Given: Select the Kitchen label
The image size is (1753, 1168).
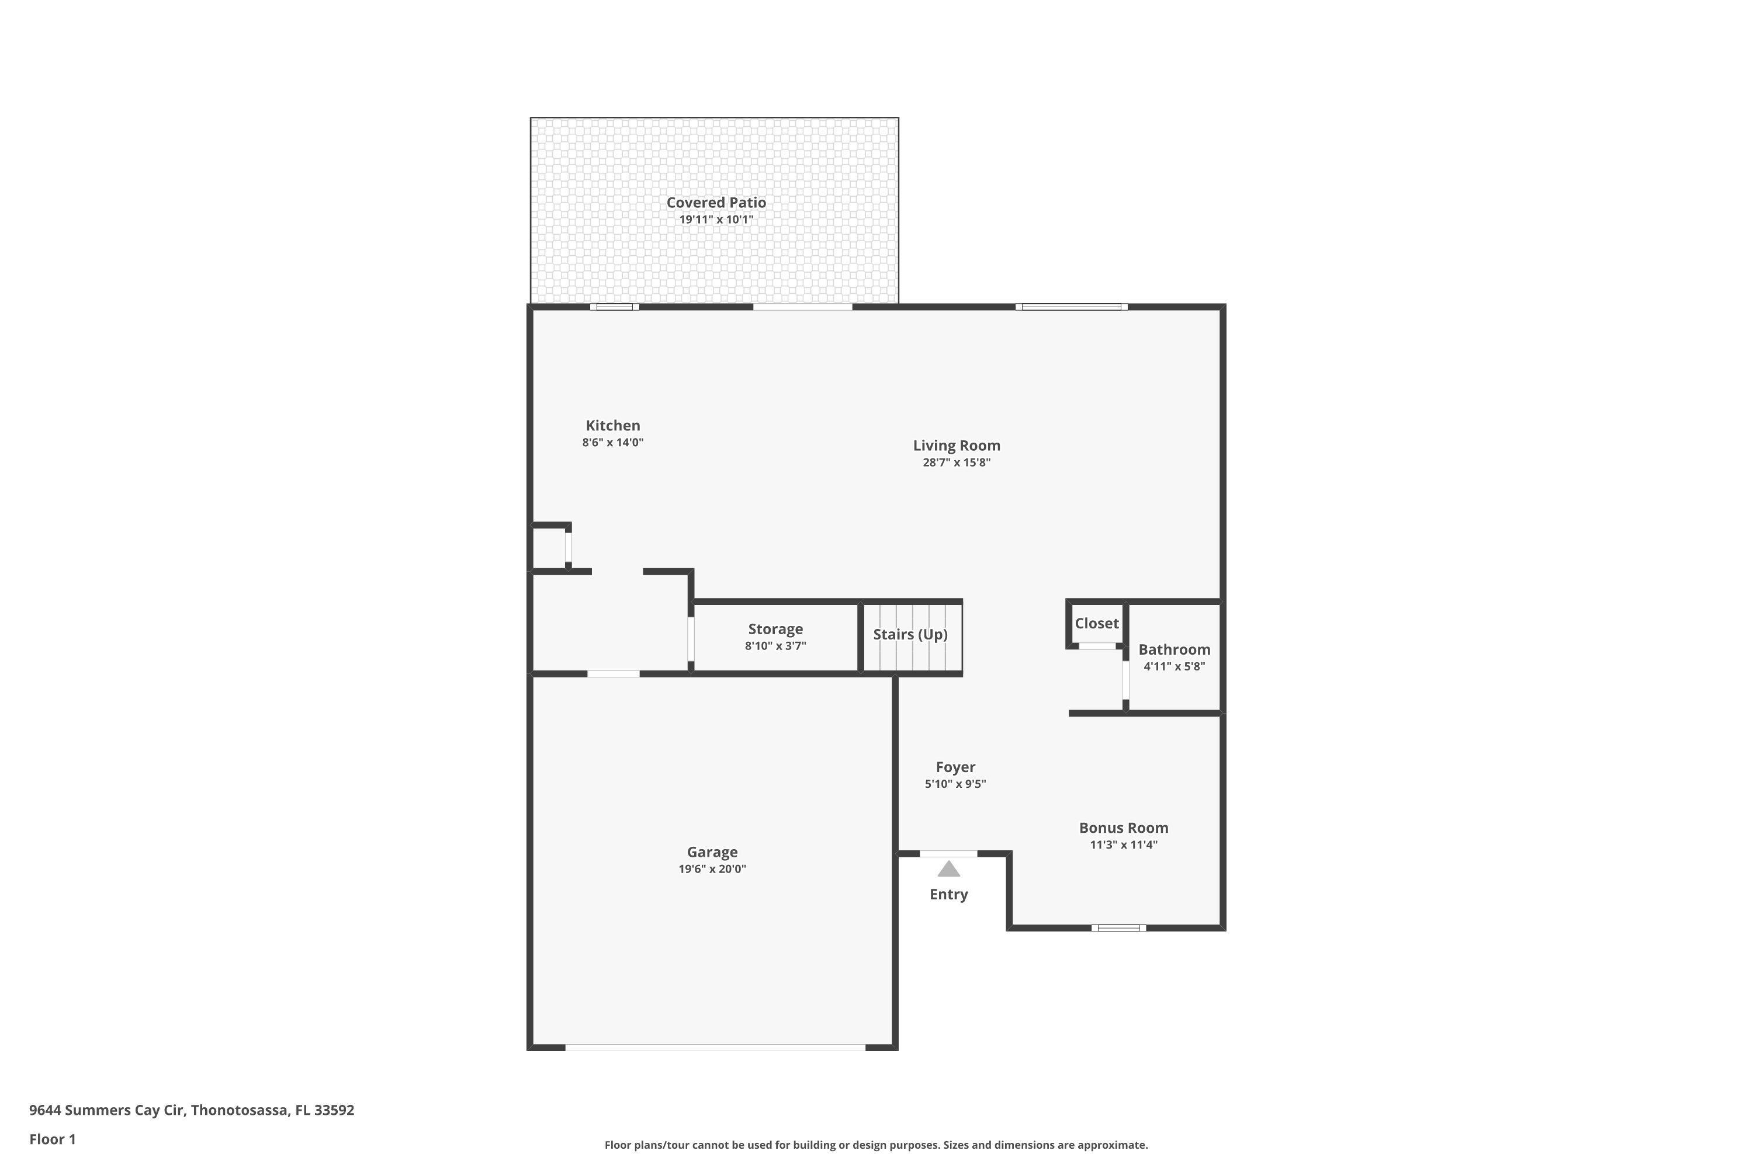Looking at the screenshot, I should [x=612, y=425].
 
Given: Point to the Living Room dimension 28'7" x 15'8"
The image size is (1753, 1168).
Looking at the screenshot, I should [x=956, y=463].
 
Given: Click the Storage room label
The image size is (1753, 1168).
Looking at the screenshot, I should [x=775, y=630].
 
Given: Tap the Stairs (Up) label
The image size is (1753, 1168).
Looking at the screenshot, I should [x=910, y=635].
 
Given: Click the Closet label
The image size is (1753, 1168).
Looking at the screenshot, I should [x=1096, y=624].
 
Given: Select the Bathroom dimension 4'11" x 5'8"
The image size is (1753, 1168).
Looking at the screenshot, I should [x=1174, y=667].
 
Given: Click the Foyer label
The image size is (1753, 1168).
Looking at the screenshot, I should [x=955, y=767].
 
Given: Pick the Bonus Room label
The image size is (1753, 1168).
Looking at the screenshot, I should [x=1123, y=828].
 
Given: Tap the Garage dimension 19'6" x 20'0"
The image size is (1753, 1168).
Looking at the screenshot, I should [x=712, y=870].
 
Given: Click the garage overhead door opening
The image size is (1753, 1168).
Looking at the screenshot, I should [x=715, y=1047].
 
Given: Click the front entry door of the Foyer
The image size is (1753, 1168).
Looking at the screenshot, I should [x=947, y=854].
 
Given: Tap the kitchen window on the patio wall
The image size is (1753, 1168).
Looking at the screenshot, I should [x=614, y=307].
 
